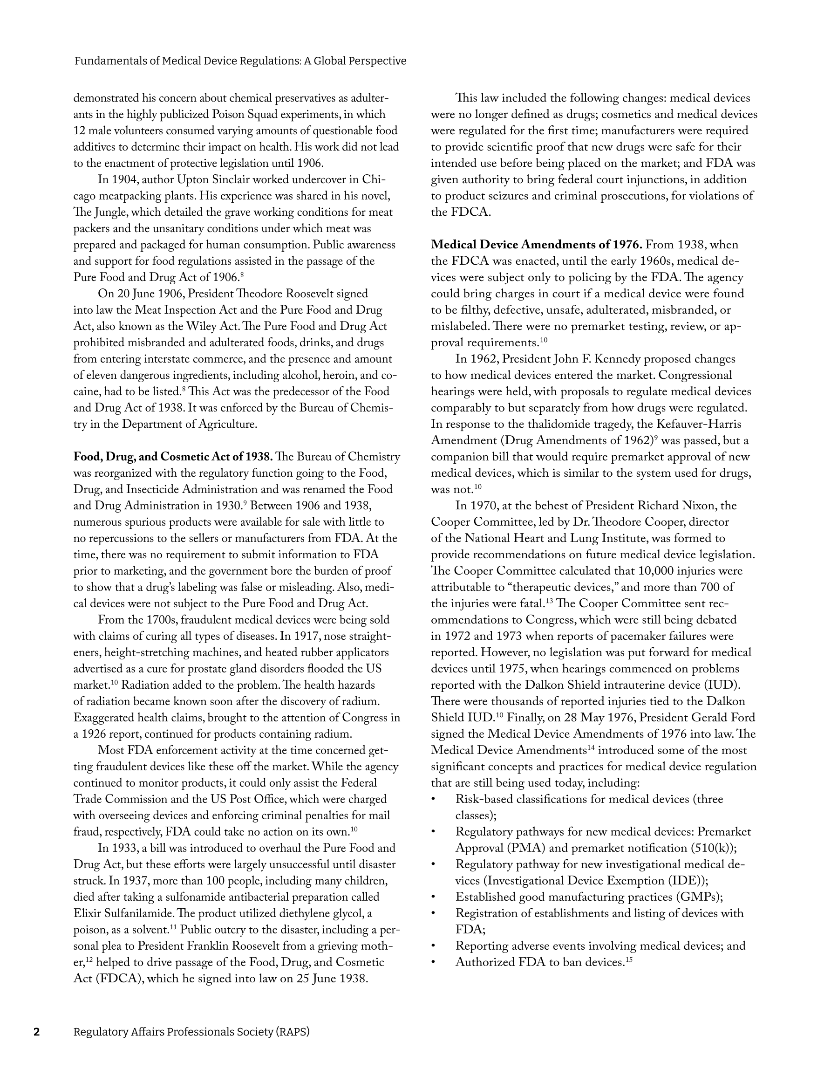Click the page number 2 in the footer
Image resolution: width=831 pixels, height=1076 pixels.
pos(36,1032)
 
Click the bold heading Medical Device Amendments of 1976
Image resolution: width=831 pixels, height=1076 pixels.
pos(537,245)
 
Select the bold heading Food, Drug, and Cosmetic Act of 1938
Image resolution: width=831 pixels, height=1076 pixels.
pos(173,457)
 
